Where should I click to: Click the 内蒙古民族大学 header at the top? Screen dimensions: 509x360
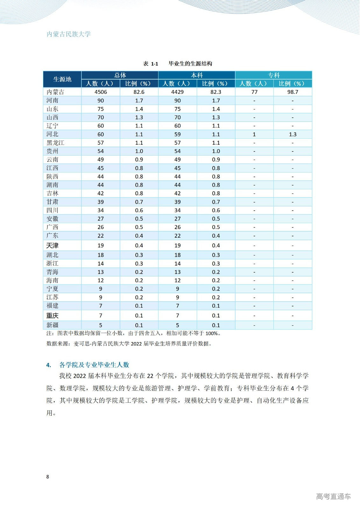coord(69,34)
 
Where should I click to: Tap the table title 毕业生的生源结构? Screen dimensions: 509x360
coord(190,64)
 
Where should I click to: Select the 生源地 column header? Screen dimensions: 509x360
coord(62,79)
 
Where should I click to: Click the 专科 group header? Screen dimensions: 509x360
coord(273,75)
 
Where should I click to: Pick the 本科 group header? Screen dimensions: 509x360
coord(196,75)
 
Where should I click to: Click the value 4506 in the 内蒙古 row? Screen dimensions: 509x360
coord(101,92)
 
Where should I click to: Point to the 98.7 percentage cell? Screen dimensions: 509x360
coord(293,92)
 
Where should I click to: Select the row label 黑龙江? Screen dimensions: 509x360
coord(55,143)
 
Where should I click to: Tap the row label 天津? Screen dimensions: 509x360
coord(53,246)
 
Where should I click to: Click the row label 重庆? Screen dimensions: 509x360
coord(53,316)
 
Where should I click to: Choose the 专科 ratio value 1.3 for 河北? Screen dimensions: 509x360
coord(293,134)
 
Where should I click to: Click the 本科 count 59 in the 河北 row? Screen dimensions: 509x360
coord(177,134)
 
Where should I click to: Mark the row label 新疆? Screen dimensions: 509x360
coord(53,325)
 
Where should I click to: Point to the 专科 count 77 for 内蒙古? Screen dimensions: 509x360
coord(254,92)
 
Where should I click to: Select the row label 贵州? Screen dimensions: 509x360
coord(53,151)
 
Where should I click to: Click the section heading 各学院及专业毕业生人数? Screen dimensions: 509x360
coord(94,365)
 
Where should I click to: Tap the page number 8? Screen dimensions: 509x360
coord(48,477)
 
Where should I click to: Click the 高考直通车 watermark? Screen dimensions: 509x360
coord(333,496)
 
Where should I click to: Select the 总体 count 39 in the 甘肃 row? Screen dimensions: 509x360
coord(101,202)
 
